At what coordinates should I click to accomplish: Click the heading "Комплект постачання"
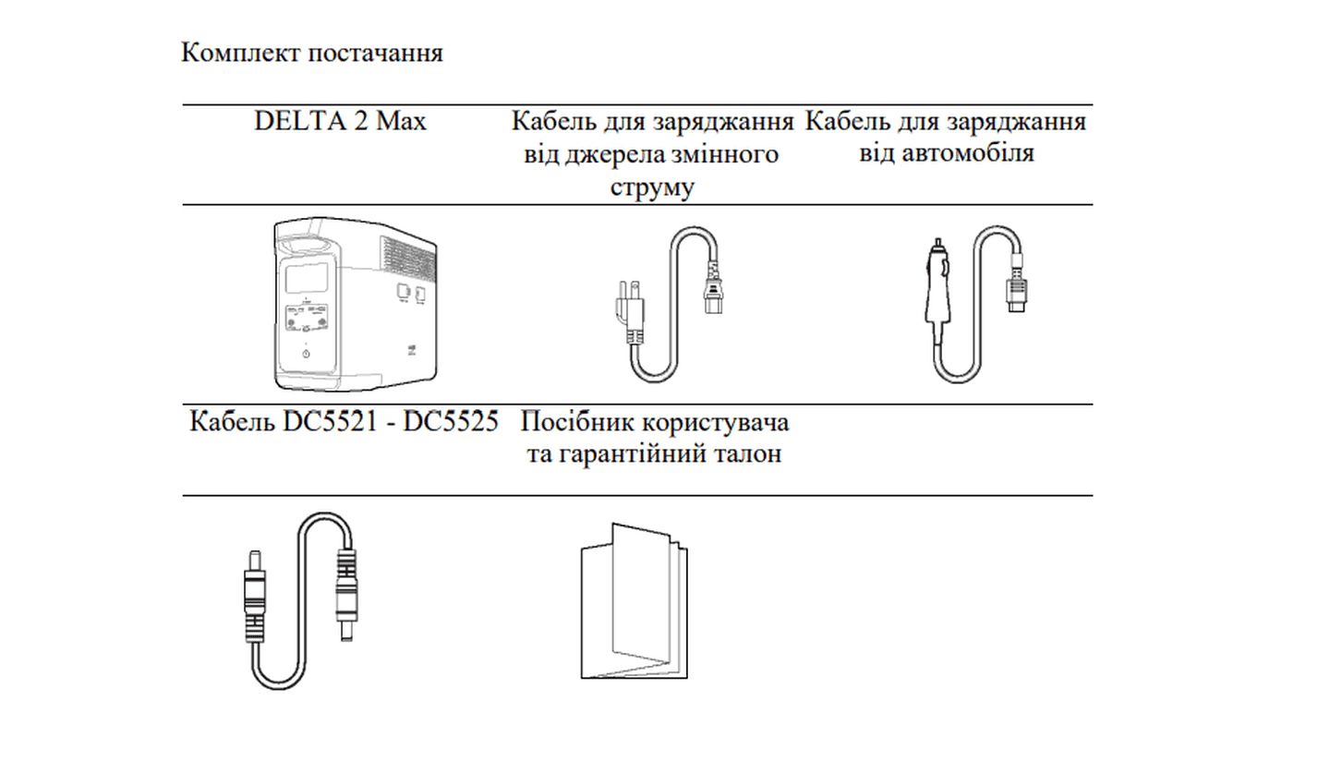pos(311,53)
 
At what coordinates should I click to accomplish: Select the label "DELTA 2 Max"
pos(340,121)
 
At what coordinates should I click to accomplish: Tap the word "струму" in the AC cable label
pos(652,187)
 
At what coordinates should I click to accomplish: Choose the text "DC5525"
pos(451,423)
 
